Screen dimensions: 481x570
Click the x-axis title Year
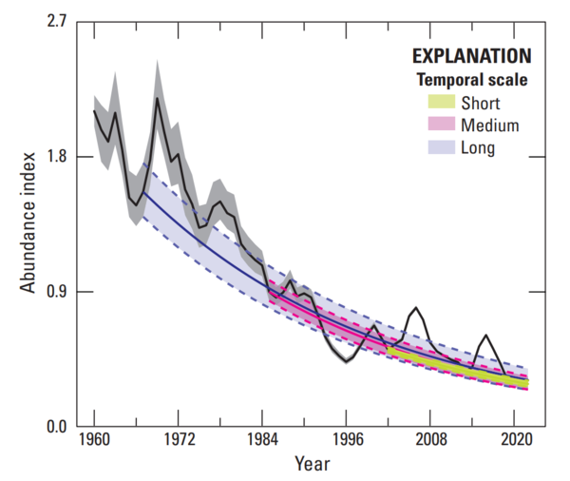313,465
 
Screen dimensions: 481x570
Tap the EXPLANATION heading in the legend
471,55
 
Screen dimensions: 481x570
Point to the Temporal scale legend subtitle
472,80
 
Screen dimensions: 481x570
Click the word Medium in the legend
489,125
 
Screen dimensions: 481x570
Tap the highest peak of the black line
157,98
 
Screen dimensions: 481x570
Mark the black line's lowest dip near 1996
347,361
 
